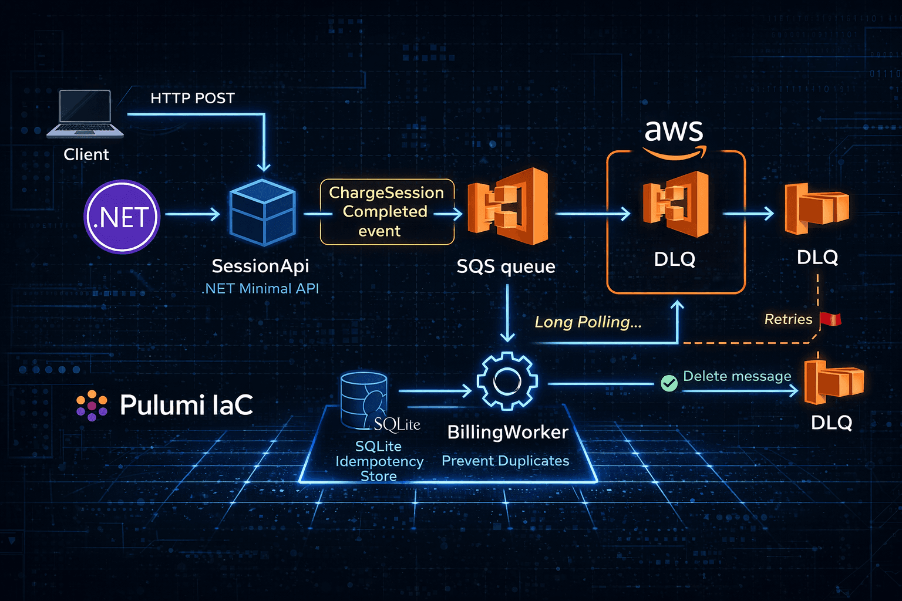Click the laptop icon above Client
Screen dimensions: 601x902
(86, 114)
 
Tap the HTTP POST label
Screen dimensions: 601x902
(193, 98)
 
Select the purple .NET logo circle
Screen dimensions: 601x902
(122, 217)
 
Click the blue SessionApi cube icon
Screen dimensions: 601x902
(262, 212)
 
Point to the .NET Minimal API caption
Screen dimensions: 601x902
(260, 289)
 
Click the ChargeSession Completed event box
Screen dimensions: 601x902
(386, 212)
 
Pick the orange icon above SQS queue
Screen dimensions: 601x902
(509, 206)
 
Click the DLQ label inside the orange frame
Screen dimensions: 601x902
(675, 259)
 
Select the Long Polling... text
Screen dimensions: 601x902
(588, 322)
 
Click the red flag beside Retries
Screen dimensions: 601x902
(830, 319)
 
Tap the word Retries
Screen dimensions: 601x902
(788, 319)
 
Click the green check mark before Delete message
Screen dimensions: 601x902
(669, 383)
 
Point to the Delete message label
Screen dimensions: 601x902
(737, 376)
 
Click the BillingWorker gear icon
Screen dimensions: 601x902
(506, 381)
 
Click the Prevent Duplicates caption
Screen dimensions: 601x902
(505, 461)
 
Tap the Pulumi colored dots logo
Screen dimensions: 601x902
(92, 405)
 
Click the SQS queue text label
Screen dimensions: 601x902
(506, 266)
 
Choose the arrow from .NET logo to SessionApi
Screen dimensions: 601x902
(193, 214)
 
